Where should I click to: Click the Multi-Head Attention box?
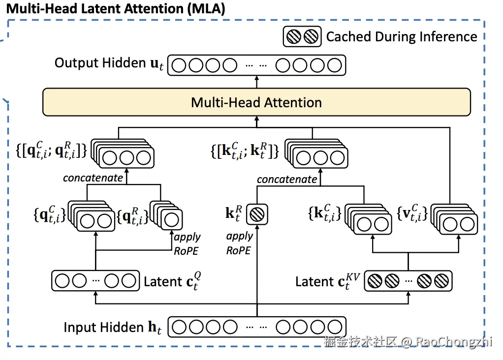[x=256, y=102]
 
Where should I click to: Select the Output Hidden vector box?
[x=256, y=65]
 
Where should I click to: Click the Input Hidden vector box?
[x=256, y=327]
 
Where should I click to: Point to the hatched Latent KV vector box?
[x=408, y=281]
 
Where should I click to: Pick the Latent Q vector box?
[x=94, y=281]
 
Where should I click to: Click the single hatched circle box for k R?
[x=256, y=214]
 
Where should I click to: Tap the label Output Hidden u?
[x=109, y=63]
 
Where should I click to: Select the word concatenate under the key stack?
[x=287, y=179]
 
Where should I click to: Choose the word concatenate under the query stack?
[x=93, y=178]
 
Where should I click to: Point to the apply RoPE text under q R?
[x=188, y=243]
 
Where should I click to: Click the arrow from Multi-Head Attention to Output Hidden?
[x=256, y=82]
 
